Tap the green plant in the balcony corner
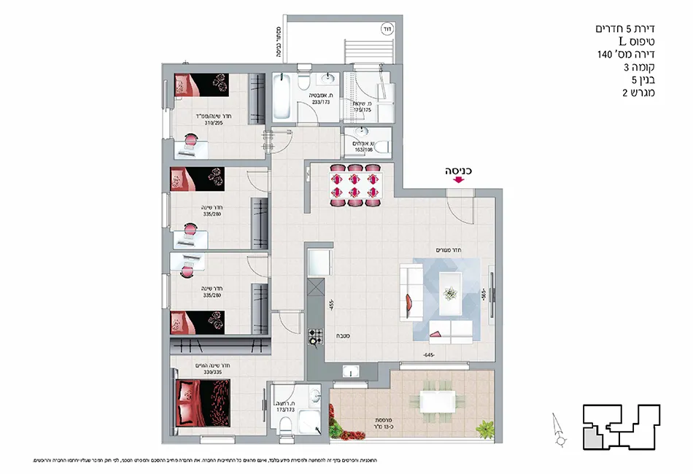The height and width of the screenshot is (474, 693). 484,428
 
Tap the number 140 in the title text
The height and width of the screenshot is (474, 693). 605,55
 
